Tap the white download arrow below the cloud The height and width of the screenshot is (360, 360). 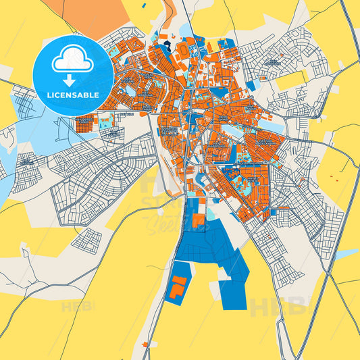(x=73, y=80)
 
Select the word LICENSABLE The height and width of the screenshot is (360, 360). (x=73, y=95)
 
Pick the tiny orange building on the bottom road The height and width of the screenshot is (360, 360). (x=145, y=346)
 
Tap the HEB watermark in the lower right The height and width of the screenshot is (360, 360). (x=277, y=307)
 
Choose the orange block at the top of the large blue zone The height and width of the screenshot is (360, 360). (x=198, y=220)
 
